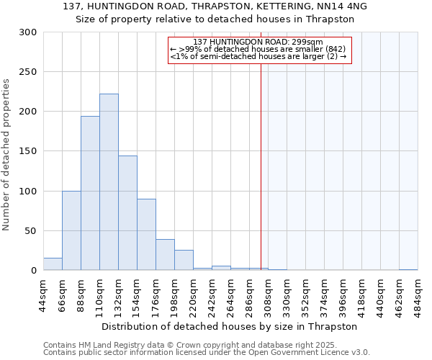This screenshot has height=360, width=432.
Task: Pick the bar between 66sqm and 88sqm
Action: pos(71,230)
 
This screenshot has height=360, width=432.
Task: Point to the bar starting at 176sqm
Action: pos(165,255)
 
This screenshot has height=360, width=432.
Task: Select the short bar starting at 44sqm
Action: pos(53,264)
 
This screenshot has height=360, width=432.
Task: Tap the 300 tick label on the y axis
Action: pos(28,32)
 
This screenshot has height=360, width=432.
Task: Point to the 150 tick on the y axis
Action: pos(28,151)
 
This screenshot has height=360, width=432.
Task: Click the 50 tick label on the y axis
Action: pos(31,231)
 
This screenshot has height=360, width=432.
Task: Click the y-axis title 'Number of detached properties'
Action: pos(7,156)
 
